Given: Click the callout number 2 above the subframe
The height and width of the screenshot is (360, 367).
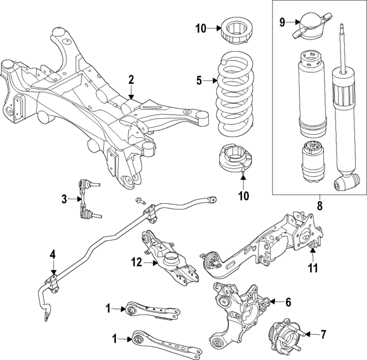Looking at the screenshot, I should (131, 79).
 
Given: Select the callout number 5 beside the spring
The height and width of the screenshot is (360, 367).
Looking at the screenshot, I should (199, 81).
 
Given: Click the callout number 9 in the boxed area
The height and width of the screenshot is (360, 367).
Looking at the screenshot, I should (282, 22).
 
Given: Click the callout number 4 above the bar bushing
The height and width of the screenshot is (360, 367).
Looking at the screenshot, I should (53, 254).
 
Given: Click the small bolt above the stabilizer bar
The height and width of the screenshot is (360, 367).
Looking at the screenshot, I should (139, 200).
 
